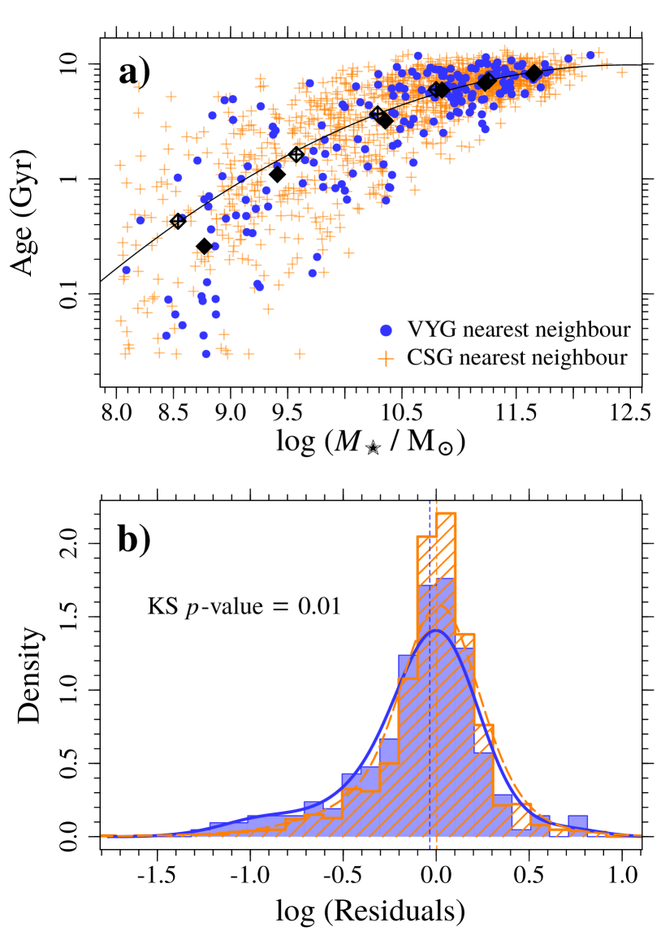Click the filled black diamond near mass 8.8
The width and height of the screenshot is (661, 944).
(204, 246)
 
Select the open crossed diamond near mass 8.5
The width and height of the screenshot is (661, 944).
(178, 220)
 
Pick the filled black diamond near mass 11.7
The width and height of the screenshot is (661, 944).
(534, 73)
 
